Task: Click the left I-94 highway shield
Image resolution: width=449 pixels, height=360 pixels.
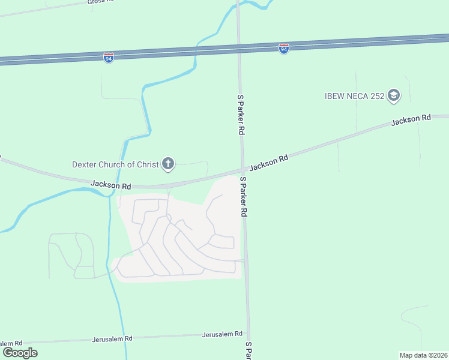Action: click(x=108, y=58)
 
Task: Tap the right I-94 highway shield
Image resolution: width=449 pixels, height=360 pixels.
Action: click(x=284, y=48)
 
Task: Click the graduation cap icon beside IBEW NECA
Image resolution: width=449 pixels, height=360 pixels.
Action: click(x=394, y=95)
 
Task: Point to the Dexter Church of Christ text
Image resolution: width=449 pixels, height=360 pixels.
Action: click(x=115, y=164)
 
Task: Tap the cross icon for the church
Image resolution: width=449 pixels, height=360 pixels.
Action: click(x=168, y=163)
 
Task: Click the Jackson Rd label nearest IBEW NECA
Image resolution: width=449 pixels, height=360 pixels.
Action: click(x=411, y=120)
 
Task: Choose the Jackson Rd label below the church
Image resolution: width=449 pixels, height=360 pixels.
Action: click(x=111, y=186)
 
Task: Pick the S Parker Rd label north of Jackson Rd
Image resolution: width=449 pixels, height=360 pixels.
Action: click(x=241, y=114)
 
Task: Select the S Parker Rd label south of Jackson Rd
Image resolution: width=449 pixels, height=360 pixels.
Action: click(x=244, y=196)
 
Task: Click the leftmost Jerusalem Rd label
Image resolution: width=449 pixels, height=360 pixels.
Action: click(x=11, y=342)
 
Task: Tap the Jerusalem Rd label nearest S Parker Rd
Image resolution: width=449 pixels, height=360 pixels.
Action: click(x=222, y=334)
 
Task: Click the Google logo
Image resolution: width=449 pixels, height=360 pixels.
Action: click(x=20, y=352)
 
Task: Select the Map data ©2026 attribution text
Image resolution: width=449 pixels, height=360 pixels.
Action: click(x=424, y=355)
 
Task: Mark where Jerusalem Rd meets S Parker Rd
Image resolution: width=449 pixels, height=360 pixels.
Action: click(x=248, y=335)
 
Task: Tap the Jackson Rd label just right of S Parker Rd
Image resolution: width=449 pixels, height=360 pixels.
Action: click(x=269, y=161)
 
